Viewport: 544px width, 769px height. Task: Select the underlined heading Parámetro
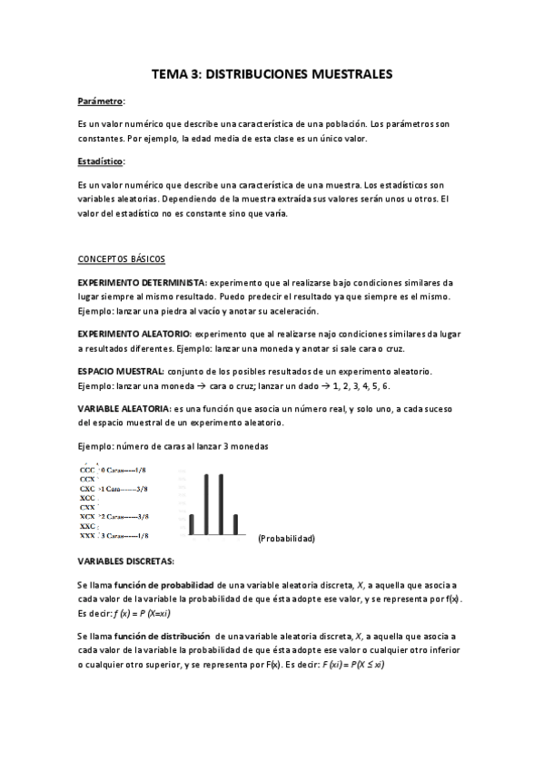click(101, 102)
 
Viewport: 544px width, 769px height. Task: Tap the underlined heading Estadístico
click(102, 161)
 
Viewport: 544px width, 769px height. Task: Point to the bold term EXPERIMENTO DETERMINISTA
click(143, 283)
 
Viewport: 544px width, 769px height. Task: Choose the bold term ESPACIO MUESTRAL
click(121, 373)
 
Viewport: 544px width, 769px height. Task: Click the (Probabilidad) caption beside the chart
click(286, 539)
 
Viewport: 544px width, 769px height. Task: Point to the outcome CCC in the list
click(87, 470)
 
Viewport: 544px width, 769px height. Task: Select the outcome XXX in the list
click(87, 536)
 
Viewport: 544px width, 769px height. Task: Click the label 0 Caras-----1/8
click(124, 470)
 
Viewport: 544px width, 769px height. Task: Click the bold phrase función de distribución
click(165, 638)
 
